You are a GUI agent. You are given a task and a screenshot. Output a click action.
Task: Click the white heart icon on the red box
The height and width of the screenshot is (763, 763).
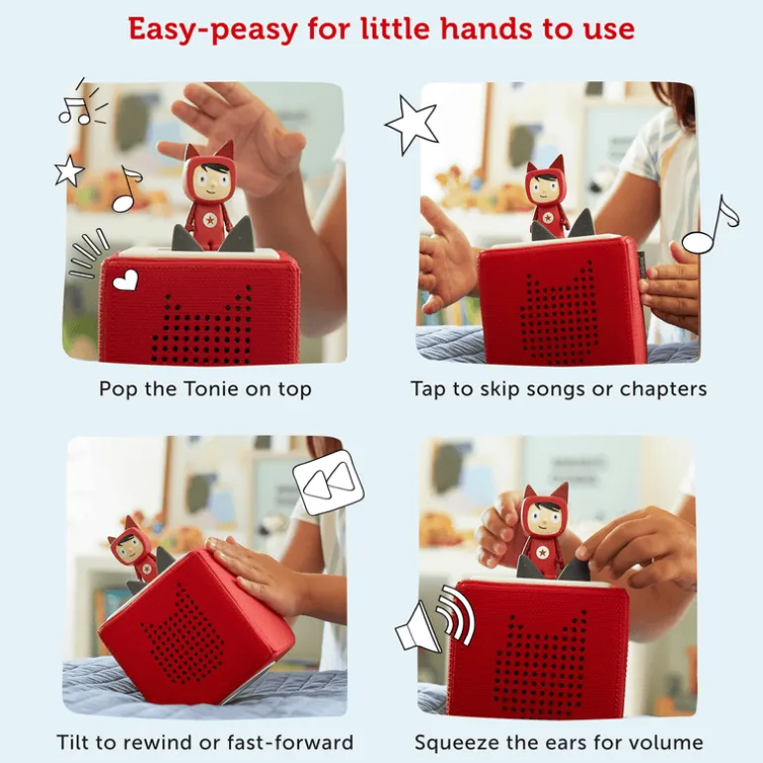126,280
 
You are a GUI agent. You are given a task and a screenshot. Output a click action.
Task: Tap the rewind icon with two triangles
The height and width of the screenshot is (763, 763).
328,483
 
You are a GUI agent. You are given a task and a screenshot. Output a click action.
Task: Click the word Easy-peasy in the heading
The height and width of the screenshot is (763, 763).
213,29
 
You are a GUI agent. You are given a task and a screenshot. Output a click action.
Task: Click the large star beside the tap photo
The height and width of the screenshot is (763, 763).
411,125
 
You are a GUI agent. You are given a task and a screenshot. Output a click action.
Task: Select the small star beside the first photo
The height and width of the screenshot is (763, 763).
68,170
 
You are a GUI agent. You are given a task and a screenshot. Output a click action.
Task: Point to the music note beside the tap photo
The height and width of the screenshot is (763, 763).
710,225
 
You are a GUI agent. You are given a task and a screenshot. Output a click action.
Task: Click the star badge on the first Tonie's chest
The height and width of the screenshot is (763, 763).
210,220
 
